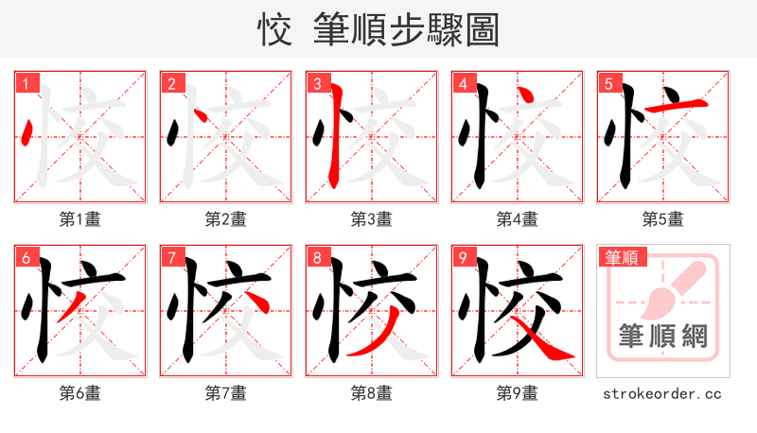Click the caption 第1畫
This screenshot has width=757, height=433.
(80, 219)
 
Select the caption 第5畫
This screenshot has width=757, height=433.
(663, 219)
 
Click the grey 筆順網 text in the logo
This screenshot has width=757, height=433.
(663, 336)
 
